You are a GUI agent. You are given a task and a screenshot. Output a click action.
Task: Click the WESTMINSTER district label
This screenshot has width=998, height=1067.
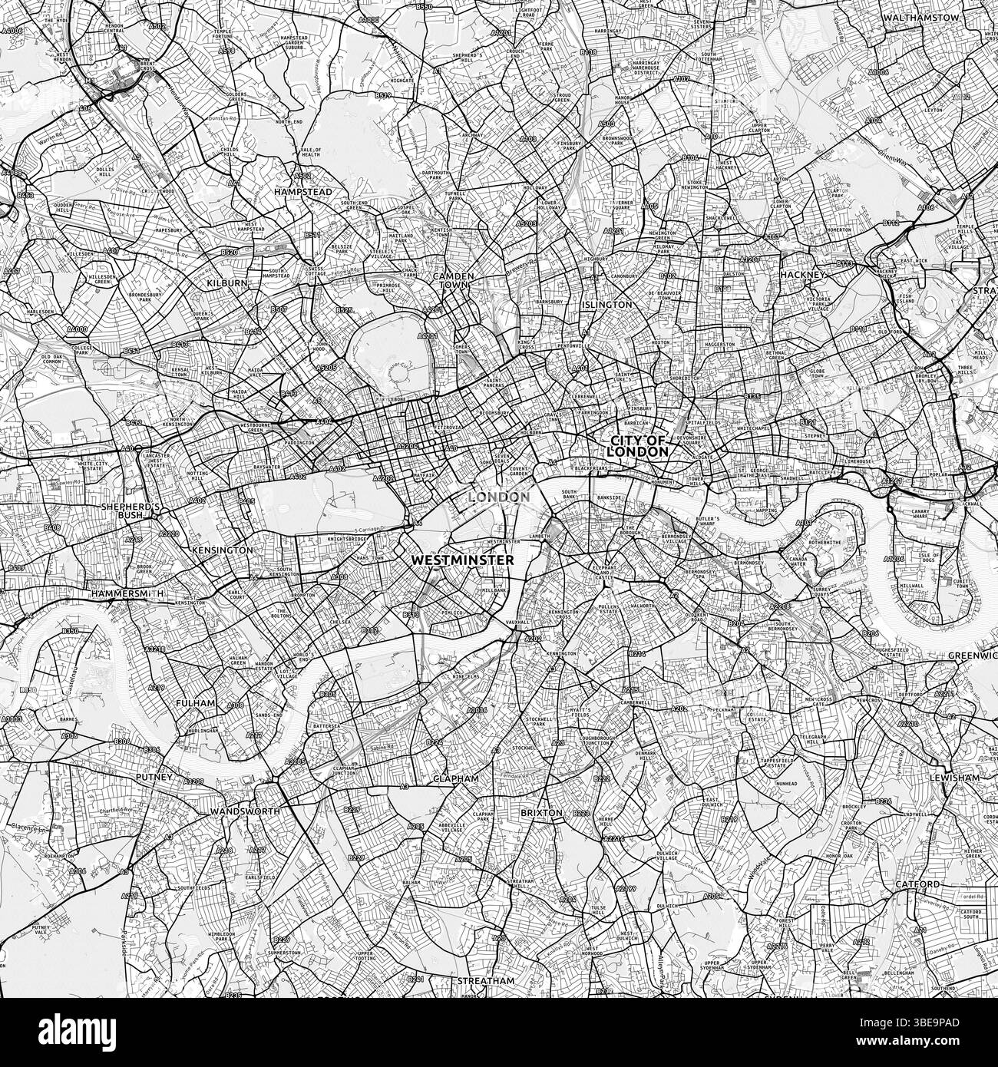[x=462, y=561]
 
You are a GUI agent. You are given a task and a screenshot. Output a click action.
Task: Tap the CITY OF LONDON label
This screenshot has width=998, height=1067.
[x=639, y=447]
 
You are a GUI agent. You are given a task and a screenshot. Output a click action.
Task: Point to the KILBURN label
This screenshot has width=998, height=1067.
[x=227, y=283]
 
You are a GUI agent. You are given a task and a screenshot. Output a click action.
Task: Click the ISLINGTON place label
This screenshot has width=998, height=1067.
[x=607, y=305]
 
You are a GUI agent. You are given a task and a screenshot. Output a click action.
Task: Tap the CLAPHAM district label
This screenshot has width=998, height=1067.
[x=455, y=778]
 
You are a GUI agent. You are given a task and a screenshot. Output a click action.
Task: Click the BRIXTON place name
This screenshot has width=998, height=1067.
[x=542, y=812]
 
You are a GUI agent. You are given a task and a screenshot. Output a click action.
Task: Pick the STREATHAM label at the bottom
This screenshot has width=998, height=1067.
[x=485, y=981]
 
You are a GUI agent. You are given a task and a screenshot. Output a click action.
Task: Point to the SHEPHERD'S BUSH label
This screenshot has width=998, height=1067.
[x=130, y=512]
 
